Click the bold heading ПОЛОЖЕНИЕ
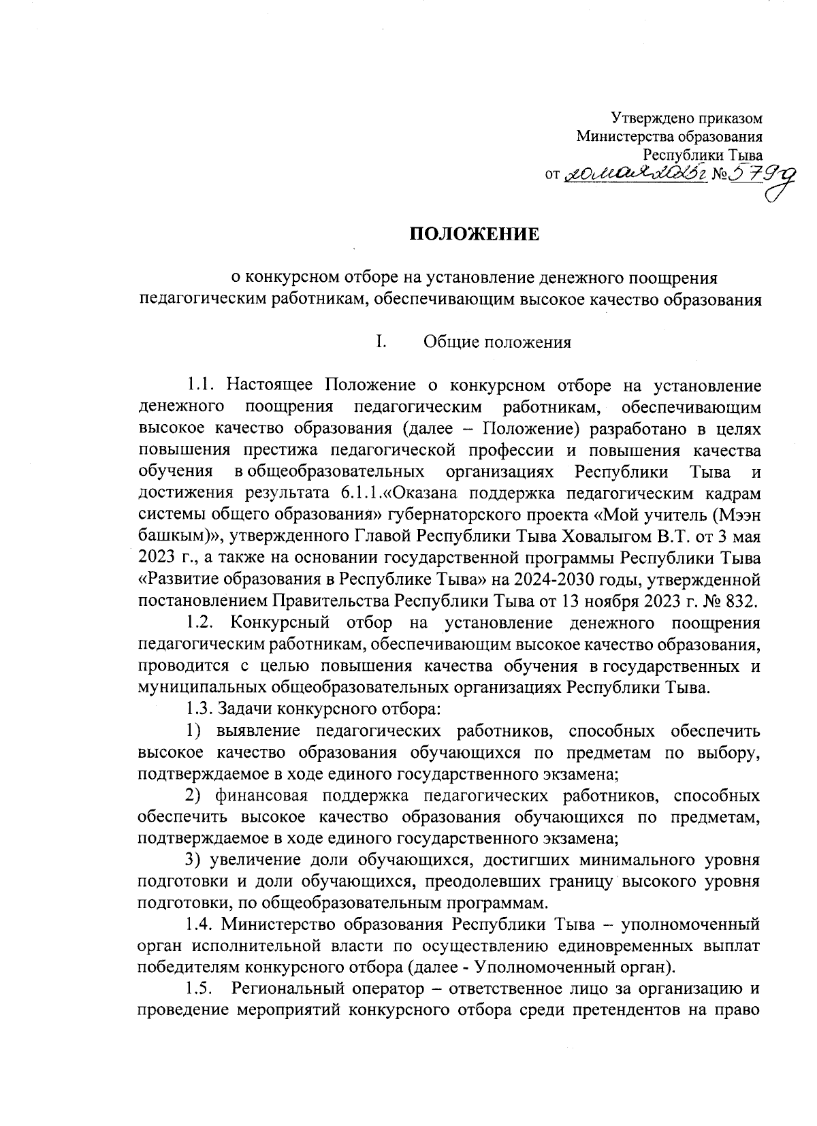click(474, 236)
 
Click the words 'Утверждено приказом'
click(686, 118)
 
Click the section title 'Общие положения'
click(497, 342)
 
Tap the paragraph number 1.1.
click(203, 387)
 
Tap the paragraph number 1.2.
click(203, 623)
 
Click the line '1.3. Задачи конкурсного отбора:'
click(313, 710)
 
